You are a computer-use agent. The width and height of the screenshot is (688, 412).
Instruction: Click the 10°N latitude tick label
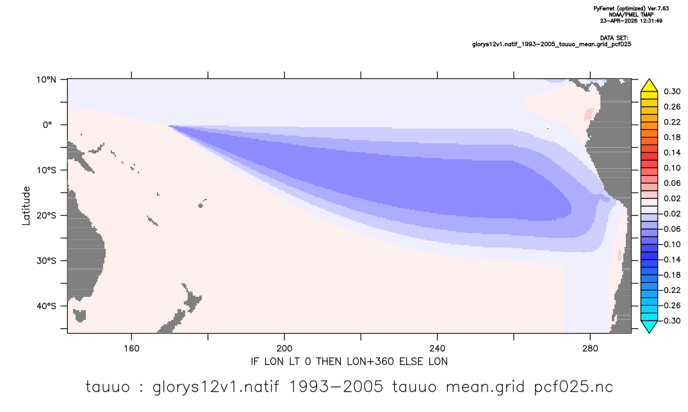pos(46,80)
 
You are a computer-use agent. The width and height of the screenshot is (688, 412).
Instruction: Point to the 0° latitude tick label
pos(47,125)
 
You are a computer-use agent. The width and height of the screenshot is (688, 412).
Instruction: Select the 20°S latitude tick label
pos(46,216)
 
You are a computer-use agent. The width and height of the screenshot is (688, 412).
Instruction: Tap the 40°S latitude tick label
pos(46,306)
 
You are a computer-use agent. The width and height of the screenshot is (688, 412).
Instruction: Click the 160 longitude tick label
pos(131,349)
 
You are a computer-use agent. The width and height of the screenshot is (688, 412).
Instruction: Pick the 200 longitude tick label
pos(284,349)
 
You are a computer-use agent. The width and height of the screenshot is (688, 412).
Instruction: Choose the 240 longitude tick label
pos(437,349)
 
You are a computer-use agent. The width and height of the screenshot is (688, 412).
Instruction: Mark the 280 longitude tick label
pos(590,349)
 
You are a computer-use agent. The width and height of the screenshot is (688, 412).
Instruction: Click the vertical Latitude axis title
pos(26,206)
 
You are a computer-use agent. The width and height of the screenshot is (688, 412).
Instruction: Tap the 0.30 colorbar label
pos(672,91)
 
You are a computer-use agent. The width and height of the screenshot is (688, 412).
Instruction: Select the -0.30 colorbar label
pos(670,321)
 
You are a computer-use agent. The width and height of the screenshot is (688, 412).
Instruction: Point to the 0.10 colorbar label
pos(672,168)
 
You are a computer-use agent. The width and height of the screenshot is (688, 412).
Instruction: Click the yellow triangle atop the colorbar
pos(649,86)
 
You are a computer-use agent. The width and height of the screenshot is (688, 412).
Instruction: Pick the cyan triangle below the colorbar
pos(649,326)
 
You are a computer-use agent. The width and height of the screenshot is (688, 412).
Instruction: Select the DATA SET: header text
pos(614,38)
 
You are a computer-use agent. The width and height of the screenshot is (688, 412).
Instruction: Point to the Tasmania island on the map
pos(79,315)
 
